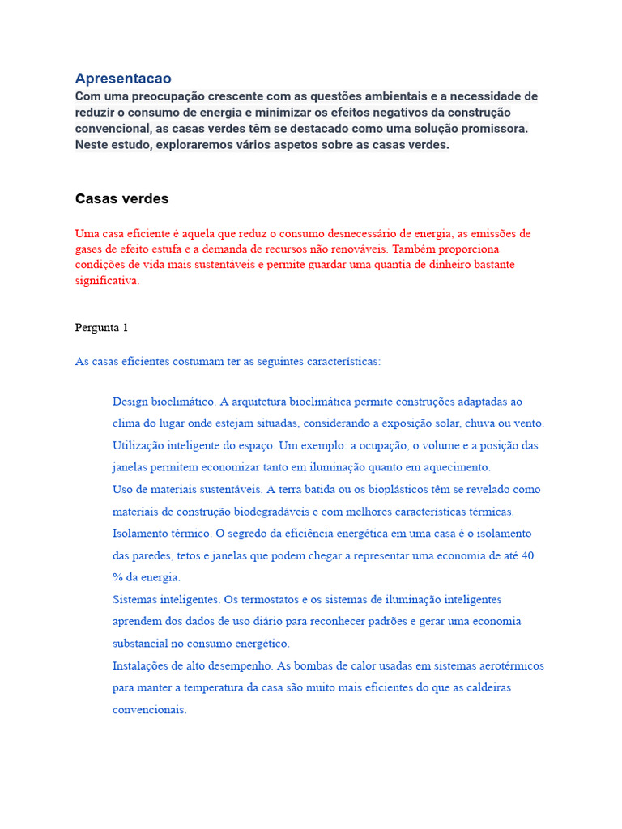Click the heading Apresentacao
point(123,79)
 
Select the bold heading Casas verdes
point(121,199)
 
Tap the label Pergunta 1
point(101,328)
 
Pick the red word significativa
point(107,281)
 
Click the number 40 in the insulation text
point(527,555)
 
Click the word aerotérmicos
point(505,665)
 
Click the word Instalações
point(141,665)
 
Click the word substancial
point(143,644)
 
